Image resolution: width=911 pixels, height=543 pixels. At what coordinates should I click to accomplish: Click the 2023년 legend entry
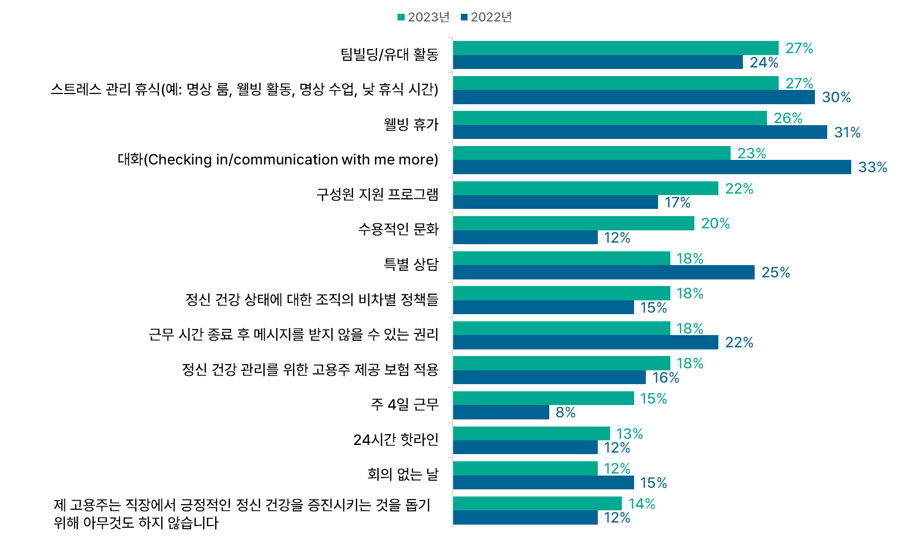click(x=424, y=17)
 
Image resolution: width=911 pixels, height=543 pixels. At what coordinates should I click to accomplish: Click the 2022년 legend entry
click(x=486, y=17)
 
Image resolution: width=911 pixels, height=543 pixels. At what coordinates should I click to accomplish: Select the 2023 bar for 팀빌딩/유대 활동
click(x=615, y=48)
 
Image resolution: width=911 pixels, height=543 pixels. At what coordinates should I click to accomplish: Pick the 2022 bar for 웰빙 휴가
click(x=640, y=132)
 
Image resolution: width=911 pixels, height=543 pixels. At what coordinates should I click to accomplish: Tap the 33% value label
click(x=872, y=167)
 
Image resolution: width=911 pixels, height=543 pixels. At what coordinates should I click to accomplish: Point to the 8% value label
click(x=565, y=412)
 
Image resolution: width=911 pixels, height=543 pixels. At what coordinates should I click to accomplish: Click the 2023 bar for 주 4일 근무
click(x=543, y=398)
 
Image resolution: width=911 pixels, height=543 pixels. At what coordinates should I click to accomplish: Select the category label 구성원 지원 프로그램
click(x=377, y=195)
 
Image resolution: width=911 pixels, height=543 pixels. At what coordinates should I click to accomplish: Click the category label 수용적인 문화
click(x=398, y=229)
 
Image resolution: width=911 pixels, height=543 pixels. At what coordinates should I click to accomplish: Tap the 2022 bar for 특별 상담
click(x=603, y=272)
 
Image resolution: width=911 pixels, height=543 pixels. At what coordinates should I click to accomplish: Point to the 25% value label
click(x=775, y=272)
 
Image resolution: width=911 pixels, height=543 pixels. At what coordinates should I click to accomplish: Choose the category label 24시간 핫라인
click(x=395, y=440)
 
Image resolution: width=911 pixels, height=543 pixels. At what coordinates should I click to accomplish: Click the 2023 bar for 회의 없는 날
click(x=525, y=468)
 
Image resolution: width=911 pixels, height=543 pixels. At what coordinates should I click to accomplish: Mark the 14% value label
click(x=641, y=504)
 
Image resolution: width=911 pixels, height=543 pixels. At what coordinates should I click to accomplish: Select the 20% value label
click(x=715, y=223)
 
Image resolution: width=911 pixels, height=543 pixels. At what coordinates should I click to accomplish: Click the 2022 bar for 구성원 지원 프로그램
click(x=555, y=202)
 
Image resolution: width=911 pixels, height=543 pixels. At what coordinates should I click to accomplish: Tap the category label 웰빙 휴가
click(x=411, y=125)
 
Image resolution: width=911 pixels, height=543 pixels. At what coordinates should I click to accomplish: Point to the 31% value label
click(x=847, y=132)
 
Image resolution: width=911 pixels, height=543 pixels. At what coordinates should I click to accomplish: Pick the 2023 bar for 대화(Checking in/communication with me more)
click(x=591, y=153)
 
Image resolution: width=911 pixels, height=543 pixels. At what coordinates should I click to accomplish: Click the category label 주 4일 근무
click(x=404, y=405)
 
